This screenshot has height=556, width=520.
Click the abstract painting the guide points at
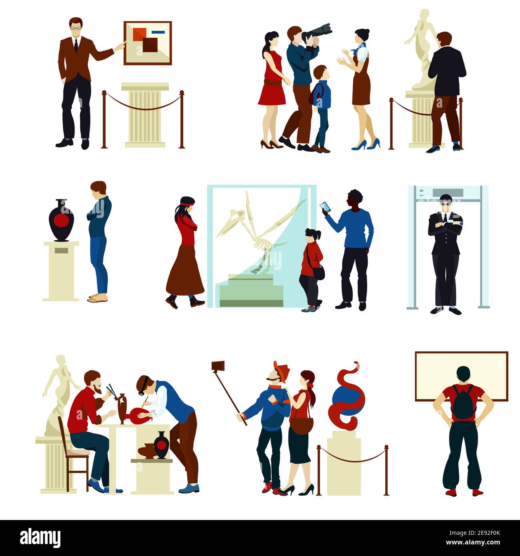coord(148,43)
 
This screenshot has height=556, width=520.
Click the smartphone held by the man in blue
coord(325,207)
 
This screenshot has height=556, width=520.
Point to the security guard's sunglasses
coord(445,203)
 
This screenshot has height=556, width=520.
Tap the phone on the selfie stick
coord(218,366)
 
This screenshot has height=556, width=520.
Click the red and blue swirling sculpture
coord(347,396)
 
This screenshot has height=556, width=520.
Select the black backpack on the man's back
coord(463,401)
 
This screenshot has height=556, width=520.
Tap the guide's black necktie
coord(76,45)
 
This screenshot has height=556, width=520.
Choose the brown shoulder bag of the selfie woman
coord(301,425)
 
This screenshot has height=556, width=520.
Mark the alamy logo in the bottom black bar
coord(40,537)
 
